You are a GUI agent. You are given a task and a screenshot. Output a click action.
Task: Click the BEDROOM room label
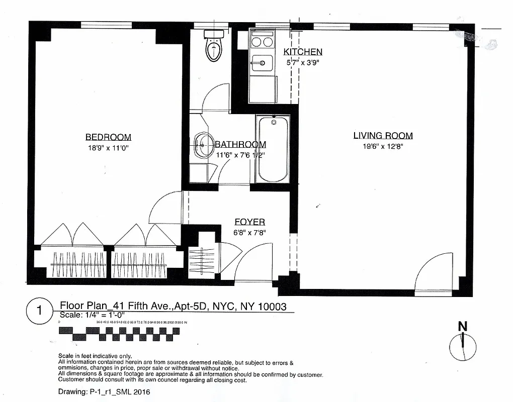point(108,137)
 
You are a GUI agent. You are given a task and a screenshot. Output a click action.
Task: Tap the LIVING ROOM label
point(383,135)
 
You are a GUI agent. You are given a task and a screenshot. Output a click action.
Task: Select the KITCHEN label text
point(303,52)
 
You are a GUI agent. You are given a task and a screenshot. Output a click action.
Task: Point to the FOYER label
point(250,222)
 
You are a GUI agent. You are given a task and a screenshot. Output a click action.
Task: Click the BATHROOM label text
point(240,145)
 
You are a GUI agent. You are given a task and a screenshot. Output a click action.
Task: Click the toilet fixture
point(214,46)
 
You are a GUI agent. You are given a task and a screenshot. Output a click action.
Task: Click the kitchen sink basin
point(262,63)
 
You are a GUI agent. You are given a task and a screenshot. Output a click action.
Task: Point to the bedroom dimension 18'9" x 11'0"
point(108,148)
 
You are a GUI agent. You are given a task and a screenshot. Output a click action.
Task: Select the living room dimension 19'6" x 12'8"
point(383,146)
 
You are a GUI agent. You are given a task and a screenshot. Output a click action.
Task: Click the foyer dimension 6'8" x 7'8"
point(250,233)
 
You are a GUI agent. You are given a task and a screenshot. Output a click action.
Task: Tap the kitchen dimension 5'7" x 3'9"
point(303,63)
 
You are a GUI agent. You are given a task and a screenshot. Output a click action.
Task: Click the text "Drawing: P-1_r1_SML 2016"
point(104,391)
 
